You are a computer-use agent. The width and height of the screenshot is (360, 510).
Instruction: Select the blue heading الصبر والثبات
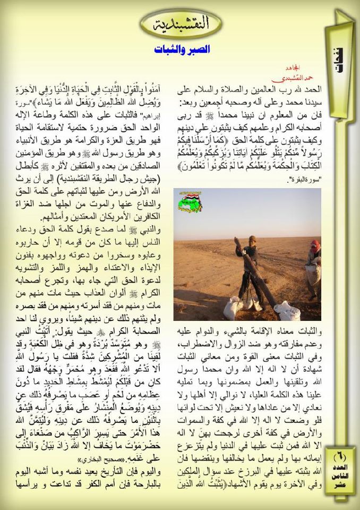(x=182, y=49)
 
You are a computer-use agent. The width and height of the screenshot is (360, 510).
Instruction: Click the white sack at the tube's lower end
(x=287, y=310)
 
